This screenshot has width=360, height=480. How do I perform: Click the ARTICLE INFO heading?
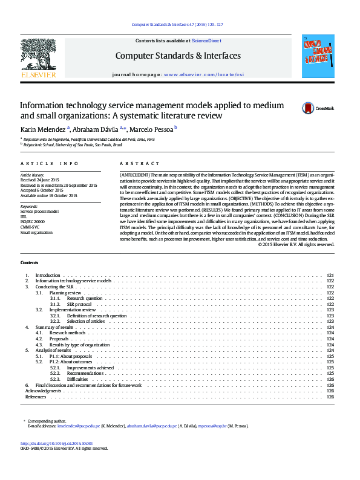click(49, 164)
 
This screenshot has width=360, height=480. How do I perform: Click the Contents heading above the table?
click(28, 263)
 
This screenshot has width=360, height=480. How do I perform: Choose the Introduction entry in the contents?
click(48, 276)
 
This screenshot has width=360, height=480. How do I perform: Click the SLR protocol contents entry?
click(79, 304)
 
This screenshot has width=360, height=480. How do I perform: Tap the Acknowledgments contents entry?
click(43, 391)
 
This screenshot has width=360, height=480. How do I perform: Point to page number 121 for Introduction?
click(330, 276)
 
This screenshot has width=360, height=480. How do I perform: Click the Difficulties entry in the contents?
click(79, 379)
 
